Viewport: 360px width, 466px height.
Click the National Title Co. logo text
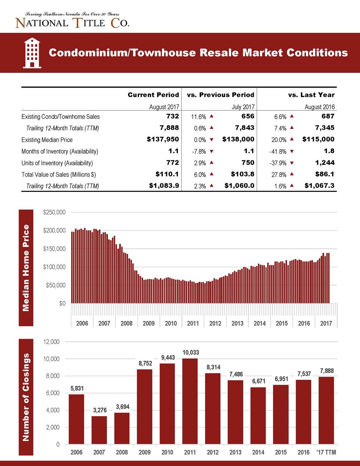pyautogui.click(x=72, y=23)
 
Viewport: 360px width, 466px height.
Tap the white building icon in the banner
pyautogui.click(x=32, y=53)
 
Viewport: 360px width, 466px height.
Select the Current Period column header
pyautogui.click(x=153, y=95)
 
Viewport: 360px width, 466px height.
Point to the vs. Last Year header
pyautogui.click(x=311, y=95)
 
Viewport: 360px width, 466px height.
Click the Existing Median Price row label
pyautogui.click(x=47, y=140)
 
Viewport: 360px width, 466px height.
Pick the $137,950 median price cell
pyautogui.click(x=163, y=139)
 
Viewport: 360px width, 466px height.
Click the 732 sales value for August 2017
pyautogui.click(x=172, y=116)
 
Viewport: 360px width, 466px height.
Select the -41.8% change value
pyautogui.click(x=278, y=152)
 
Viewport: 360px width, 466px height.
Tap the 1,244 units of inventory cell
pyautogui.click(x=325, y=163)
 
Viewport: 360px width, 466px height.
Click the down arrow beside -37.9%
pyautogui.click(x=292, y=163)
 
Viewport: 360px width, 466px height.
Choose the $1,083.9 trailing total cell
pyautogui.click(x=164, y=186)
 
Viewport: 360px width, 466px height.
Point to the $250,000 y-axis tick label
pyautogui.click(x=54, y=213)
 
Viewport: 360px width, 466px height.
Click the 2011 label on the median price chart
pyautogui.click(x=193, y=323)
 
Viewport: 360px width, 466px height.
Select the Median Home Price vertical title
pyautogui.click(x=26, y=268)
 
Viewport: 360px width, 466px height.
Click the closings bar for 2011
pyautogui.click(x=190, y=401)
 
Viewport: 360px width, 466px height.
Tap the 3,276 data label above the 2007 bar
pyautogui.click(x=100, y=410)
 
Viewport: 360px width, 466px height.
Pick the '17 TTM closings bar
pyautogui.click(x=326, y=410)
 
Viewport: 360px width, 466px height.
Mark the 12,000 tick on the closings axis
pyautogui.click(x=51, y=342)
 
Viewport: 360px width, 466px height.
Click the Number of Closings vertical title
pyautogui.click(x=26, y=397)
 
